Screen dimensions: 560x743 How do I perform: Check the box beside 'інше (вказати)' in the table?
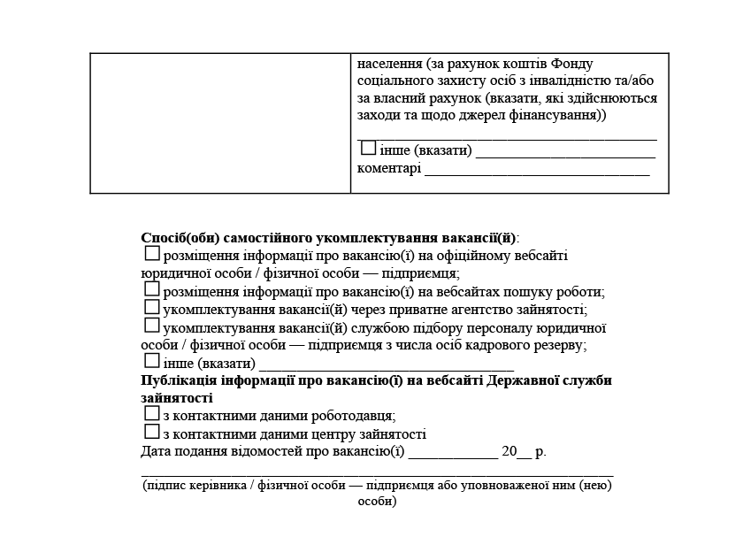tap(368, 149)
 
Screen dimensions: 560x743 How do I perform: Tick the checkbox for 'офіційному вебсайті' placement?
tap(152, 254)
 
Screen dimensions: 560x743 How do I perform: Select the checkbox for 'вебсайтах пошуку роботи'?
tap(152, 289)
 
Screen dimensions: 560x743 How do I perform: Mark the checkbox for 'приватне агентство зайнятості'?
tap(152, 307)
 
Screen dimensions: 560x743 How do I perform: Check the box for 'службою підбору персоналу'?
tap(152, 326)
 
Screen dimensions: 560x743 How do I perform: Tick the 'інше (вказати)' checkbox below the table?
tap(152, 361)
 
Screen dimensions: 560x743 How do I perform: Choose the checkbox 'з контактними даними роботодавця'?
tap(152, 413)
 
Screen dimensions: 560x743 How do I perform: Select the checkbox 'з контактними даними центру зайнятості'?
tap(152, 432)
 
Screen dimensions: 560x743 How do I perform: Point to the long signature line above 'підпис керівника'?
tap(378, 476)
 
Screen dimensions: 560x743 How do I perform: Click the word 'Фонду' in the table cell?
tap(571, 65)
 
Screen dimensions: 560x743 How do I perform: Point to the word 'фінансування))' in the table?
tap(563, 116)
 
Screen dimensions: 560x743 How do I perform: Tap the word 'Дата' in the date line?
tap(156, 452)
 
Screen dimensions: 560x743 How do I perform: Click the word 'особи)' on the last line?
tap(377, 501)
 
